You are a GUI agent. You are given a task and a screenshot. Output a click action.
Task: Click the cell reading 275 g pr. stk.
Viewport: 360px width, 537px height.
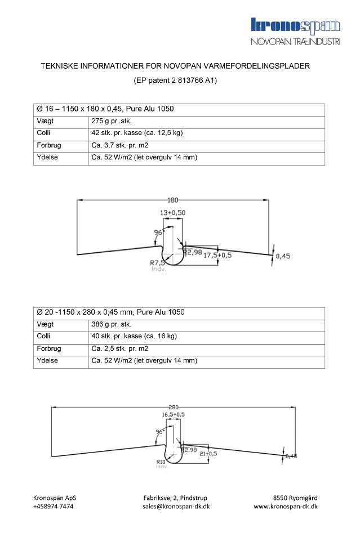[x=112, y=121]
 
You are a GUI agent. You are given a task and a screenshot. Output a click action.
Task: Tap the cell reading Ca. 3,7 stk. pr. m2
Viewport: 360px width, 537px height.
[x=119, y=146]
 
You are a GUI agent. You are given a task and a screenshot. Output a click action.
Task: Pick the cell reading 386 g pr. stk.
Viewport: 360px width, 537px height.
[x=112, y=325]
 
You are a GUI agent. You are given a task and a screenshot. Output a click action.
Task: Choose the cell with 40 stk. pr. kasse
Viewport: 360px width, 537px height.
[x=134, y=337]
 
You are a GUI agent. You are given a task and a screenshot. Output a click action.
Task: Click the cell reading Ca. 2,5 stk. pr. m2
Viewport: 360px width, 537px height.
[x=119, y=349]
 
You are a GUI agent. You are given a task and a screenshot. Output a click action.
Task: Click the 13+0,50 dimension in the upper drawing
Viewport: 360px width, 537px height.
[x=173, y=212]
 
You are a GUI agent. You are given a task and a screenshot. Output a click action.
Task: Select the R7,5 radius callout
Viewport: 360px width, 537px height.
[x=157, y=262]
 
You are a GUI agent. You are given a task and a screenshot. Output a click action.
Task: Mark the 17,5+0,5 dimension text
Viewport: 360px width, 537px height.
[x=217, y=255]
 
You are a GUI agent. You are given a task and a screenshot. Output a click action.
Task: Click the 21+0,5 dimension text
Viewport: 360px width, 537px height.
[x=208, y=453]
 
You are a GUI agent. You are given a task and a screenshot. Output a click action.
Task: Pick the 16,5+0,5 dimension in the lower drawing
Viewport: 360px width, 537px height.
[x=174, y=415]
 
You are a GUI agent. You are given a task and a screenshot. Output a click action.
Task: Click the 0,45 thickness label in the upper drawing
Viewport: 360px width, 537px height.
[x=283, y=256]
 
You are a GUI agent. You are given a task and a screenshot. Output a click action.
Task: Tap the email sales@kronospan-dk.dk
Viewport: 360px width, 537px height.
[x=176, y=506]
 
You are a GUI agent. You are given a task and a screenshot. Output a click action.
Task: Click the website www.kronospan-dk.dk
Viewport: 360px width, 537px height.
[x=285, y=506]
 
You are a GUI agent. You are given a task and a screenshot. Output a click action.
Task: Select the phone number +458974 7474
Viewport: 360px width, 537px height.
[x=53, y=506]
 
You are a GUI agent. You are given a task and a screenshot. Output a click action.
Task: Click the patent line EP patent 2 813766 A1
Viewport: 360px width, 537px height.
[x=175, y=80]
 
